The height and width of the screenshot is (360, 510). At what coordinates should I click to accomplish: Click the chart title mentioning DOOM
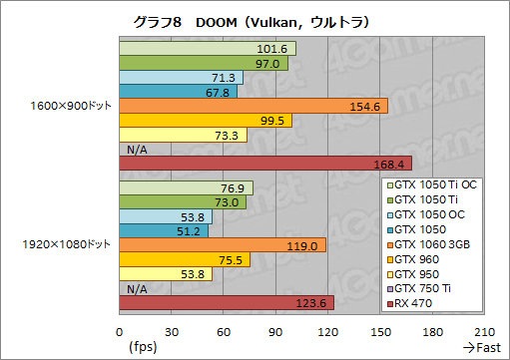click(254, 21)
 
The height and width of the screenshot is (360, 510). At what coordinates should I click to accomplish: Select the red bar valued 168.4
click(264, 164)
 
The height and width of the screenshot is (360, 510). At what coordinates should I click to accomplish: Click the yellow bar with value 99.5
click(206, 121)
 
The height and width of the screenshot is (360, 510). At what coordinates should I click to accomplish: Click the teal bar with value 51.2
click(164, 231)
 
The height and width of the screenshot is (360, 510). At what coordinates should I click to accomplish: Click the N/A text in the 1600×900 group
click(139, 150)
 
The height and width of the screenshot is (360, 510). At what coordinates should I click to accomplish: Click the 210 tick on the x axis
click(484, 332)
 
